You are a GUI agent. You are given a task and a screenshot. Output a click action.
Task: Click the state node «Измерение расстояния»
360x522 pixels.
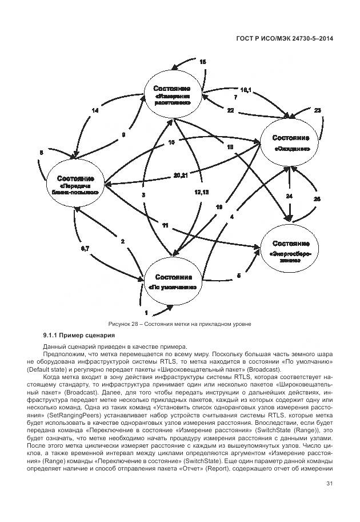pos(179,95)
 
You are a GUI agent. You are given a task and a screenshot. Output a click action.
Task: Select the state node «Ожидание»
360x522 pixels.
pos(291,143)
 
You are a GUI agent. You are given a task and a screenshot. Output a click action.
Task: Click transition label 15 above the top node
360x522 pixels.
pos(203,62)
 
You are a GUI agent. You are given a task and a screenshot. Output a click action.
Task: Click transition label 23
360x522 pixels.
pos(318,110)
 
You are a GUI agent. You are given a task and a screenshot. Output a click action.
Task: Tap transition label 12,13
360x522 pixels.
pos(202,192)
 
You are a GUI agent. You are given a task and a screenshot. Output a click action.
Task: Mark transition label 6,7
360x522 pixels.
pos(84,248)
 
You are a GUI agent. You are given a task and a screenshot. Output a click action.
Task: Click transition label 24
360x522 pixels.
pos(290,196)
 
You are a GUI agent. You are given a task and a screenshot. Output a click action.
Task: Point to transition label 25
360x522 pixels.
pos(318,198)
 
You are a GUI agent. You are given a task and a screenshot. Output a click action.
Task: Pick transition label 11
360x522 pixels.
pos(165,226)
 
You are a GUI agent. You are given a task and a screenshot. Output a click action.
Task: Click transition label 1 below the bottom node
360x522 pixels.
pos(147,313)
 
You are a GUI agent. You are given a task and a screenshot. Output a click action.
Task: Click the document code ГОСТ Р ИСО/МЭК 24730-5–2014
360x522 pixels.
pos(285,38)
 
